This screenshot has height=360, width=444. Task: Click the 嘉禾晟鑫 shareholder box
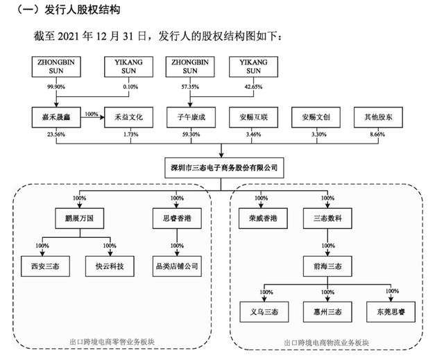(56, 117)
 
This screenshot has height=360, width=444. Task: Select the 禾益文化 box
(128, 117)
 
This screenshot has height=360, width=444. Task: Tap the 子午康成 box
(191, 117)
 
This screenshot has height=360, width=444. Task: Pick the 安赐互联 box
(253, 117)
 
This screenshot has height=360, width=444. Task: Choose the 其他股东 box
(378, 117)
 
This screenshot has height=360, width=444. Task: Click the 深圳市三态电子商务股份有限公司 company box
(224, 168)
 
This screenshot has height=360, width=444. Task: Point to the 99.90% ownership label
(56, 87)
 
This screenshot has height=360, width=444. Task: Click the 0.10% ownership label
(130, 87)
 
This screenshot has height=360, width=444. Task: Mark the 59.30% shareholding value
(191, 135)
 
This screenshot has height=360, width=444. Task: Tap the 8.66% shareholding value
(377, 135)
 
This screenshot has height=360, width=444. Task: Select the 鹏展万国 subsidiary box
(80, 218)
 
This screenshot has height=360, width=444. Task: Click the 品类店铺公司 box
(177, 266)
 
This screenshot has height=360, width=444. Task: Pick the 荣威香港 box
(263, 218)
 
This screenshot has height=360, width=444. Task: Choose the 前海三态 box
(327, 266)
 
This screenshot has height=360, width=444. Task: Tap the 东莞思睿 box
(391, 312)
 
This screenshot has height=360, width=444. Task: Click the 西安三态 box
(45, 266)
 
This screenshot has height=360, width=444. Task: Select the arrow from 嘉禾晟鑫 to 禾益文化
(92, 117)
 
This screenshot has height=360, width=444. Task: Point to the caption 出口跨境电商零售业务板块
(112, 342)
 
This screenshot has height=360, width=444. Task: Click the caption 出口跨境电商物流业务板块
(327, 343)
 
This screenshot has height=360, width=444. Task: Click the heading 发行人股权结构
(83, 9)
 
